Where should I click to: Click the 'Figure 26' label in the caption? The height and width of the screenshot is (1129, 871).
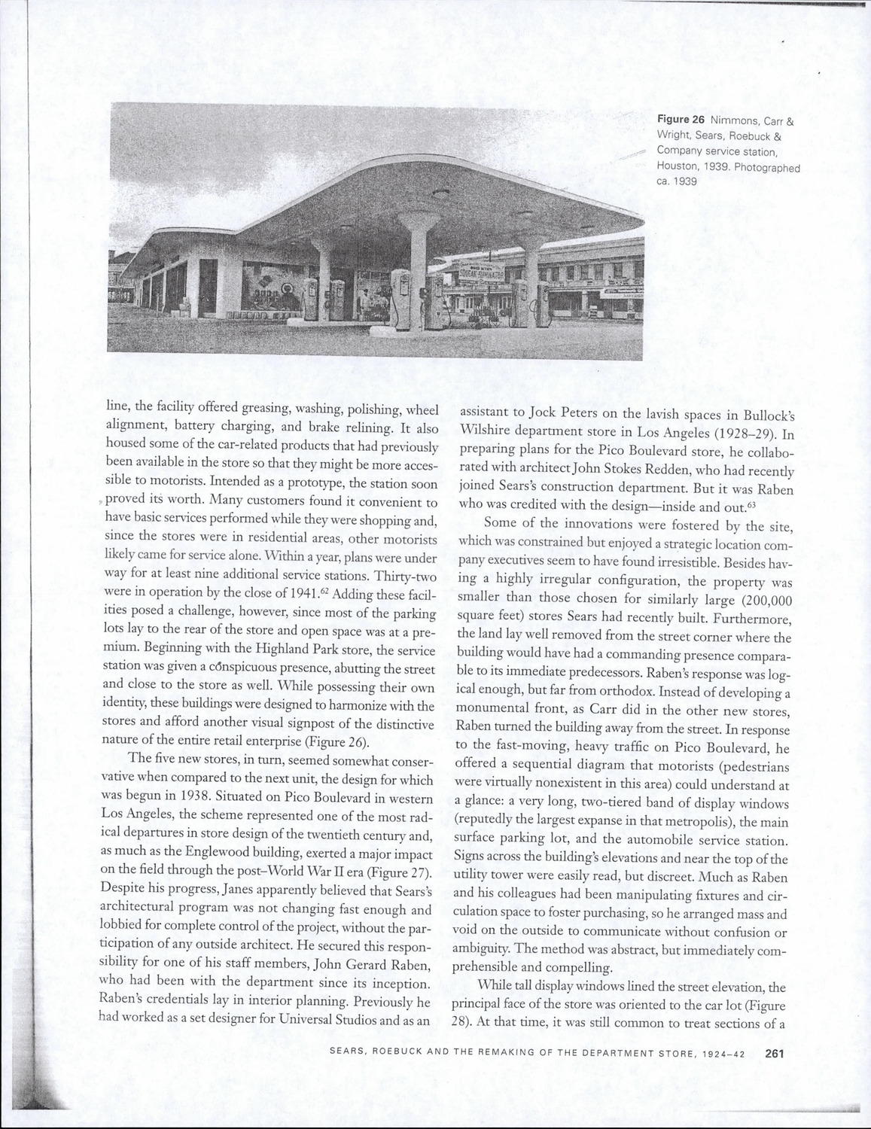pos(680,120)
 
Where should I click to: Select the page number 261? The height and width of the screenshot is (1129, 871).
pos(775,1054)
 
